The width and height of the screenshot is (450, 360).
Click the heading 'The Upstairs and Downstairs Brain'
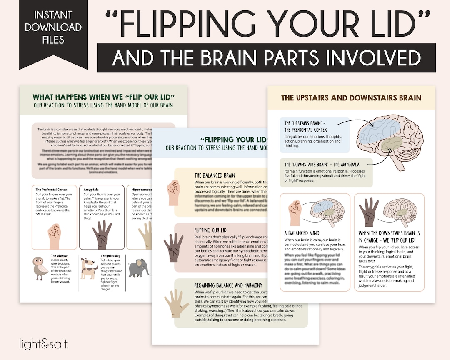(351, 98)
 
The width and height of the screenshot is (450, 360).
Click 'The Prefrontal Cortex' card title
(51, 190)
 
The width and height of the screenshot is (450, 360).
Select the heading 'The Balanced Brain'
(215, 175)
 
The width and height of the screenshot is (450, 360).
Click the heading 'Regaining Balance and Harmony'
(228, 285)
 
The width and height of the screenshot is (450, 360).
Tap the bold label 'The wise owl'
(60, 256)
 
